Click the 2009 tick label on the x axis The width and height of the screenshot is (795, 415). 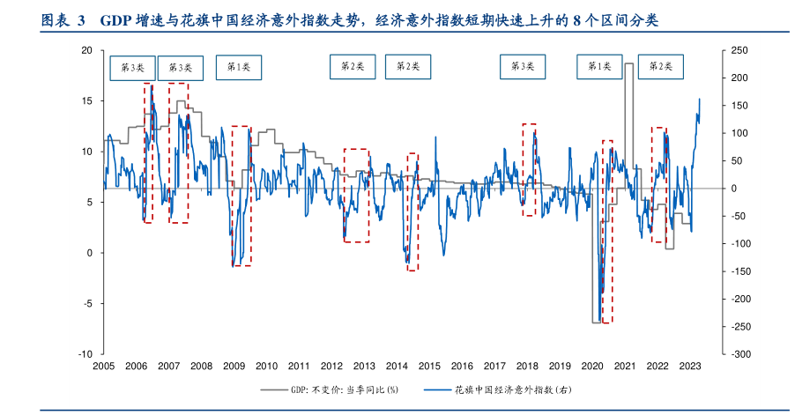click(234, 366)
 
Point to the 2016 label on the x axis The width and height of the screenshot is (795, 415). click(462, 366)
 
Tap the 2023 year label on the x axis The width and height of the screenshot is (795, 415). click(690, 366)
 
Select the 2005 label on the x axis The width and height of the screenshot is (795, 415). click(104, 366)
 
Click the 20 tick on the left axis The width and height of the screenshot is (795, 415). click(86, 50)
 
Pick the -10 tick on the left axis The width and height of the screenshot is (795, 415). click(85, 353)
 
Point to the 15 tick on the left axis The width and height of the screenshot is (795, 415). click(86, 101)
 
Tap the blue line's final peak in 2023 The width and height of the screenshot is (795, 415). click(700, 99)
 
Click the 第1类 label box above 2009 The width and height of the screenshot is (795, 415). click(239, 66)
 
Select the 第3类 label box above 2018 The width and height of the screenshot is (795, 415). click(523, 66)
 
